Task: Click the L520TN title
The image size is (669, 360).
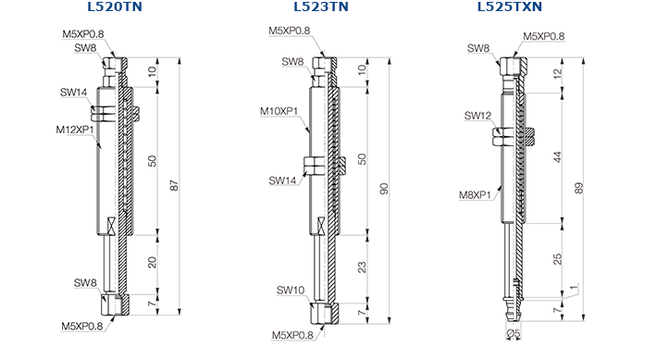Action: click(x=115, y=6)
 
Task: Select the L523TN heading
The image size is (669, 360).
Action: click(x=321, y=6)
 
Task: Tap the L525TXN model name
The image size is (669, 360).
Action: click(x=510, y=6)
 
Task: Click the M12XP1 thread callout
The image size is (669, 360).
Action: click(x=75, y=130)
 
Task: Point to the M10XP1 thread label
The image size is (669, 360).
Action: click(x=279, y=111)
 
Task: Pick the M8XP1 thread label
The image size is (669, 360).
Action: click(x=475, y=195)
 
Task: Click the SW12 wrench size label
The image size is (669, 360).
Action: click(x=477, y=116)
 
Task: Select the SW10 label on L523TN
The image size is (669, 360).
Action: click(x=291, y=290)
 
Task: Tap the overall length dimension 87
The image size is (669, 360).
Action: click(x=174, y=185)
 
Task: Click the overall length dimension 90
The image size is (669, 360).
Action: click(x=384, y=189)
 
